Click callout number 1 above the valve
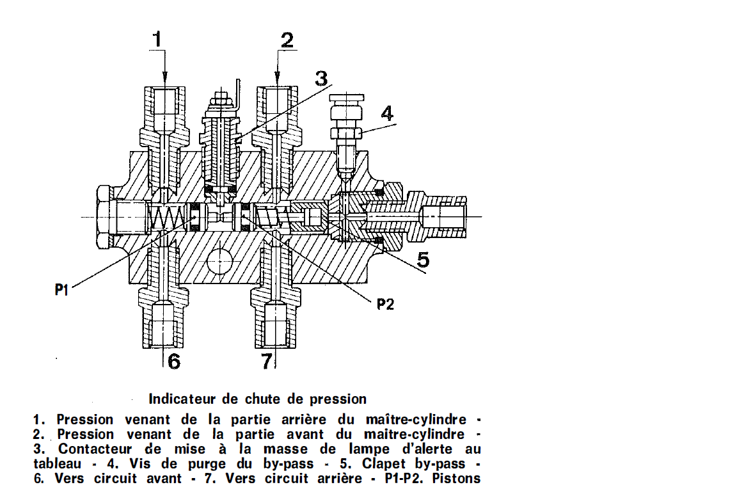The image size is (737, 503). tap(157, 39)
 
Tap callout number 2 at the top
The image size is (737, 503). tap(287, 40)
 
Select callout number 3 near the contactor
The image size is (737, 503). tap(321, 79)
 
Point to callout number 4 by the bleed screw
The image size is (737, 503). tap(387, 113)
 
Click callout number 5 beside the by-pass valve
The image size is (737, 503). tap(423, 259)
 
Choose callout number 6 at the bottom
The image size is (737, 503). tap(174, 362)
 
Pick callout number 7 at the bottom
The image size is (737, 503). tap(267, 362)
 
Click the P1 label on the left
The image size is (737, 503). tap(61, 290)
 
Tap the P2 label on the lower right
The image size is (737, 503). tap(385, 304)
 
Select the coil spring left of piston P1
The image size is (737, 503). tap(165, 217)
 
